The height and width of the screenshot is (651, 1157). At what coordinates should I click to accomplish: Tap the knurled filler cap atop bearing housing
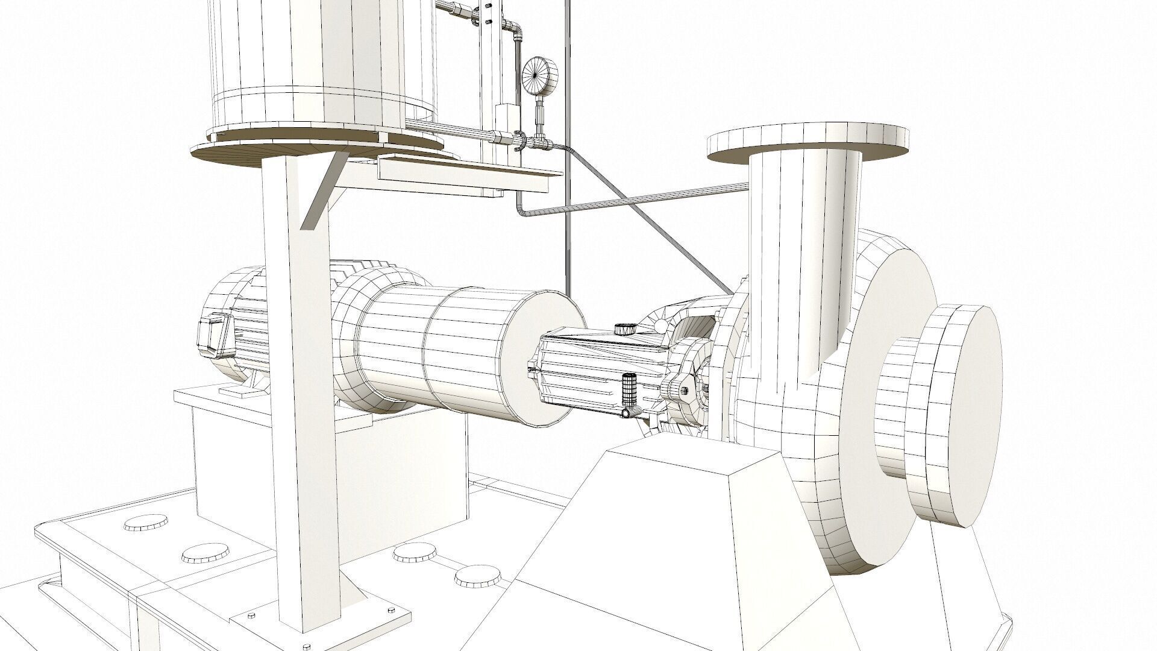(x=624, y=330)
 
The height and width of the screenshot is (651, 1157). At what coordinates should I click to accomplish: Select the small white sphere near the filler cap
(x=662, y=326)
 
